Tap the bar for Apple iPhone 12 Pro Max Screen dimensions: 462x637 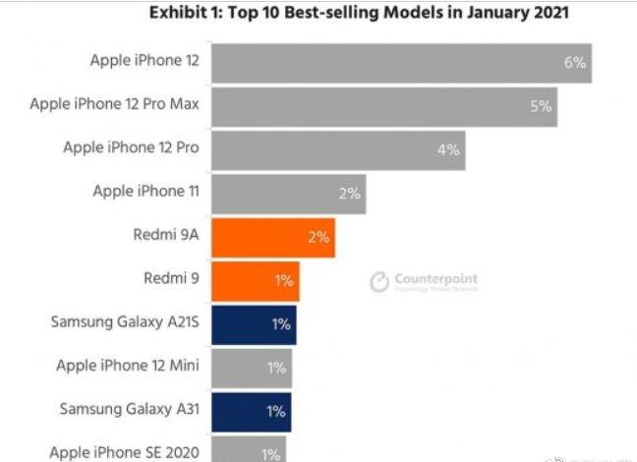coord(383,106)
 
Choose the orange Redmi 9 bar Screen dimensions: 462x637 coord(255,280)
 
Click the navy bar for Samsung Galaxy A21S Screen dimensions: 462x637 coord(253,323)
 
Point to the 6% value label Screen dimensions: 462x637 coord(575,63)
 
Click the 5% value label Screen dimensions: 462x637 coord(541,106)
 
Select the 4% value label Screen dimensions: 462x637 coord(448,149)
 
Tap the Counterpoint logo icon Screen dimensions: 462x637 coord(379,283)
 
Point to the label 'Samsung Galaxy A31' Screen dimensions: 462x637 coord(130,410)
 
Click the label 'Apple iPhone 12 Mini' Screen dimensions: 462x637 coord(127,367)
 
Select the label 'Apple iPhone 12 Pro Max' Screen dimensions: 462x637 coord(115,104)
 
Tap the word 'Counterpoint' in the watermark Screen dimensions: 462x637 coord(435,279)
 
